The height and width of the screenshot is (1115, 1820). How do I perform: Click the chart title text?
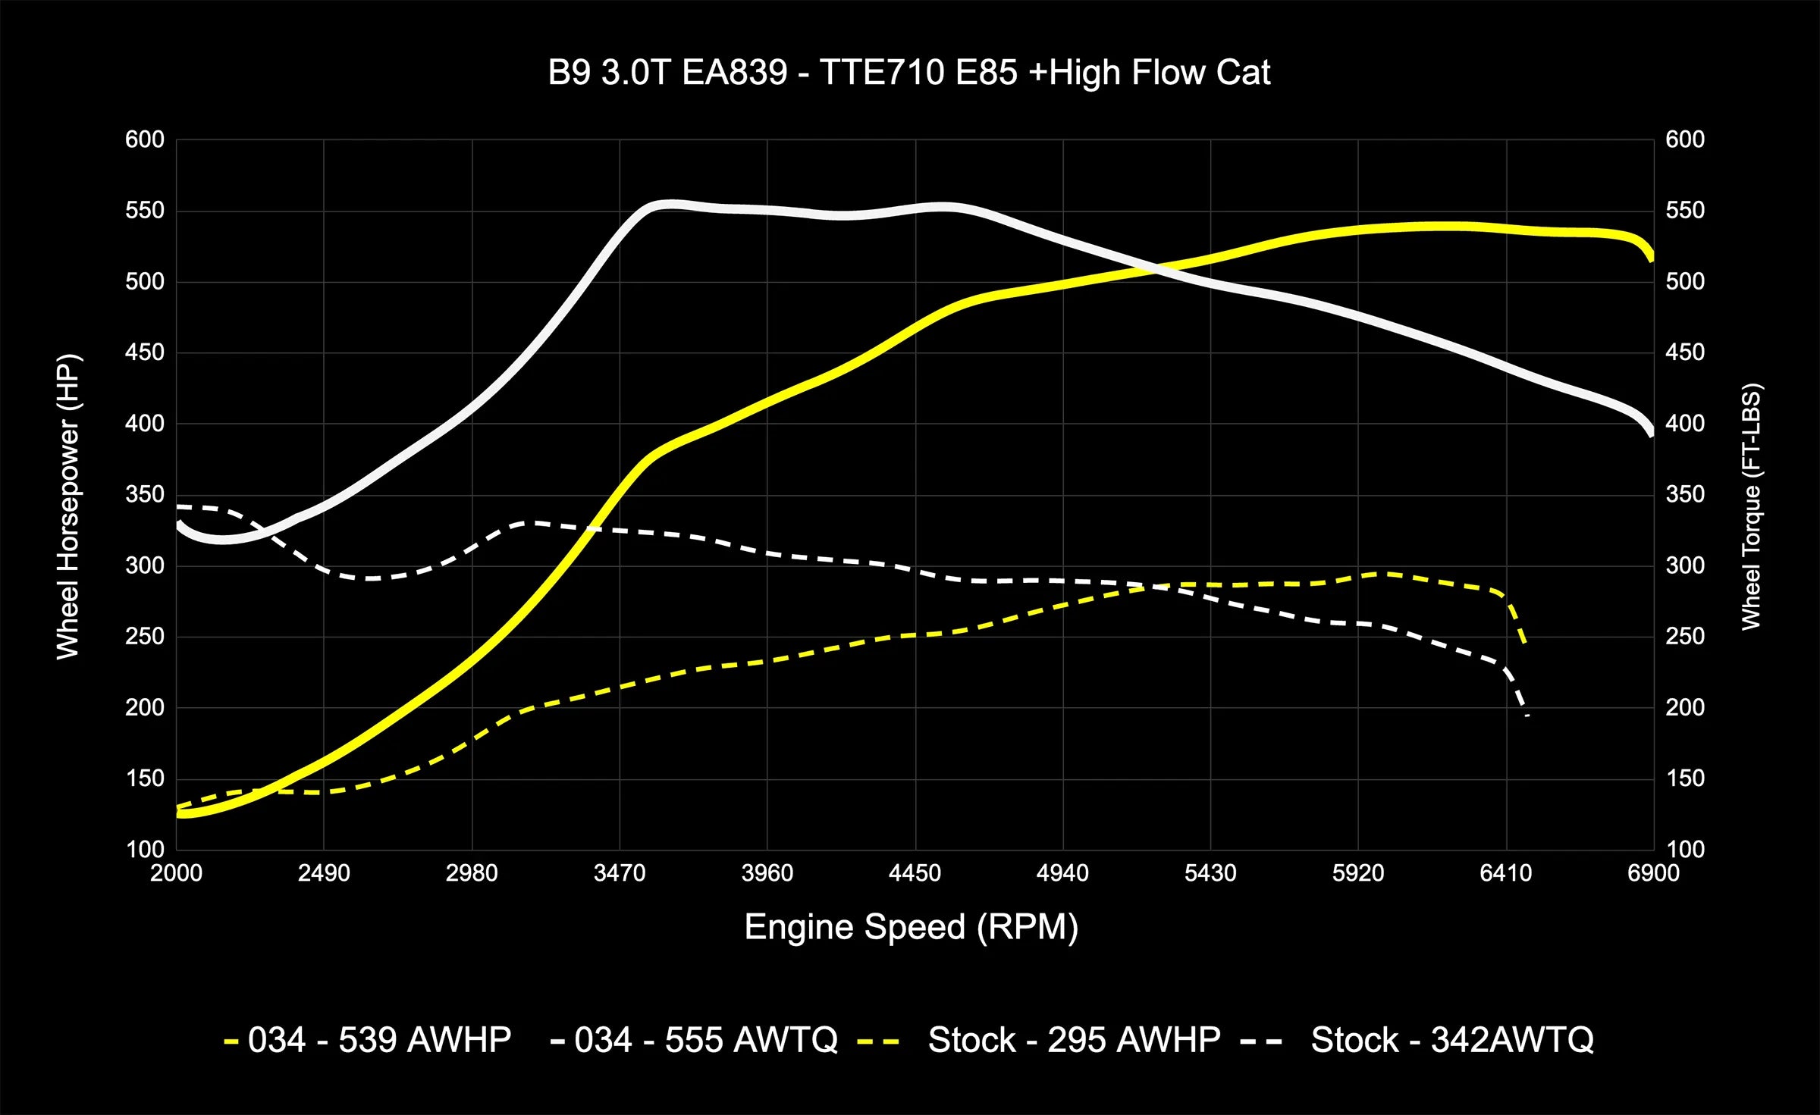[908, 73]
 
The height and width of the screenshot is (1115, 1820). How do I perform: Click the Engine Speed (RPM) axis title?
[911, 927]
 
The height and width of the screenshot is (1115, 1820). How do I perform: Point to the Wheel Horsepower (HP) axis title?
[68, 506]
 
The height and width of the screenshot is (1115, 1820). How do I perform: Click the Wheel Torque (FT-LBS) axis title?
[1750, 506]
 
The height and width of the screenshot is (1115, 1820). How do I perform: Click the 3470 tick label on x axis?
[620, 873]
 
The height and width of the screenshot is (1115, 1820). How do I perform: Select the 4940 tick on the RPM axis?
[1062, 873]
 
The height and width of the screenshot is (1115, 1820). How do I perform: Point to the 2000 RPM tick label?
[176, 873]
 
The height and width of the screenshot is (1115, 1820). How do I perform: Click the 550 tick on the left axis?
[145, 211]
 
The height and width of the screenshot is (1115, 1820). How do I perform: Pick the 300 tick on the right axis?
[1685, 565]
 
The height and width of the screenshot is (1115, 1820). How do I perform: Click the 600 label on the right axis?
[1685, 139]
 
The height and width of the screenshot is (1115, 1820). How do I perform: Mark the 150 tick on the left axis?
[145, 778]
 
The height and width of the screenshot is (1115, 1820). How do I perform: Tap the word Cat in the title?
[1244, 73]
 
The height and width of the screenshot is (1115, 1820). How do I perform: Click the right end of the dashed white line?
[1527, 715]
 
